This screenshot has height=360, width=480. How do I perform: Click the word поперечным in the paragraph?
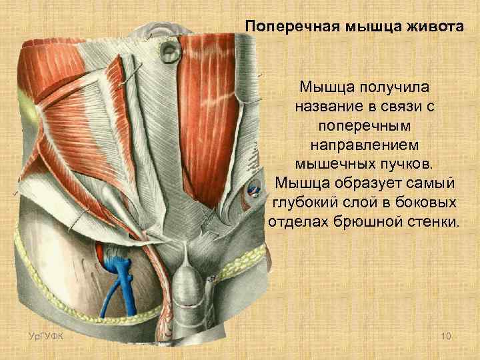tap(364, 125)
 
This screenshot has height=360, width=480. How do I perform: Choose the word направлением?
tap(364, 145)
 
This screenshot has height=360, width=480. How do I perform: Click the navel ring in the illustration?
tap(167, 53)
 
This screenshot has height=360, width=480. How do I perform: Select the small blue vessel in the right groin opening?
tap(254, 189)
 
